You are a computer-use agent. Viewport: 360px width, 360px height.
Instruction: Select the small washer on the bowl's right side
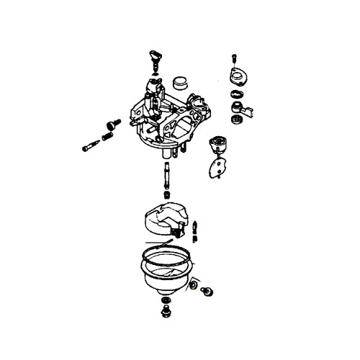pyautogui.click(x=193, y=287)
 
